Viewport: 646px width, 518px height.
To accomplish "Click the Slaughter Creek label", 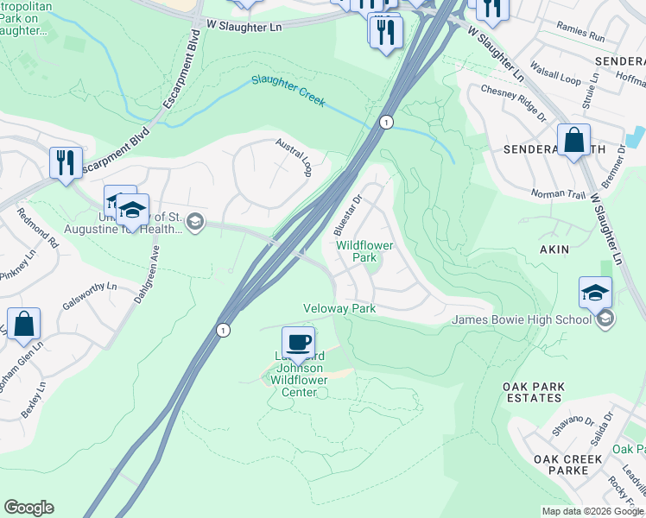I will (x=288, y=90).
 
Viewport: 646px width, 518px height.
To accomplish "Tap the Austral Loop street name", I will (x=293, y=156).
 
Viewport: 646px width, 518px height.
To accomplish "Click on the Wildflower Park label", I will (x=364, y=251).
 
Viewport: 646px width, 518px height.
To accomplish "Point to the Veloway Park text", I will (x=339, y=308).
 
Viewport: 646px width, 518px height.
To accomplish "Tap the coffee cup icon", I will (x=299, y=342).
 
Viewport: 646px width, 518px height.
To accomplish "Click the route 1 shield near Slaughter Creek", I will (x=387, y=123).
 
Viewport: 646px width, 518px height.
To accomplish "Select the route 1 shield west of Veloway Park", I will (x=224, y=330).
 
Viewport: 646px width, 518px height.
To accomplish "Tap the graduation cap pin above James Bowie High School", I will (x=595, y=293).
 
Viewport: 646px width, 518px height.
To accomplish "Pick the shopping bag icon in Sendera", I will (x=573, y=140).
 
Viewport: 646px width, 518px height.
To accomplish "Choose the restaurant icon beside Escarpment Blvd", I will (x=66, y=161).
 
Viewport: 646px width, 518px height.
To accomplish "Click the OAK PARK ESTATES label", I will (x=535, y=392).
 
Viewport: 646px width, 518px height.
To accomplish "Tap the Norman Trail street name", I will (x=558, y=194).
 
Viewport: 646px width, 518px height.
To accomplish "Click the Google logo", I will (x=28, y=508).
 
